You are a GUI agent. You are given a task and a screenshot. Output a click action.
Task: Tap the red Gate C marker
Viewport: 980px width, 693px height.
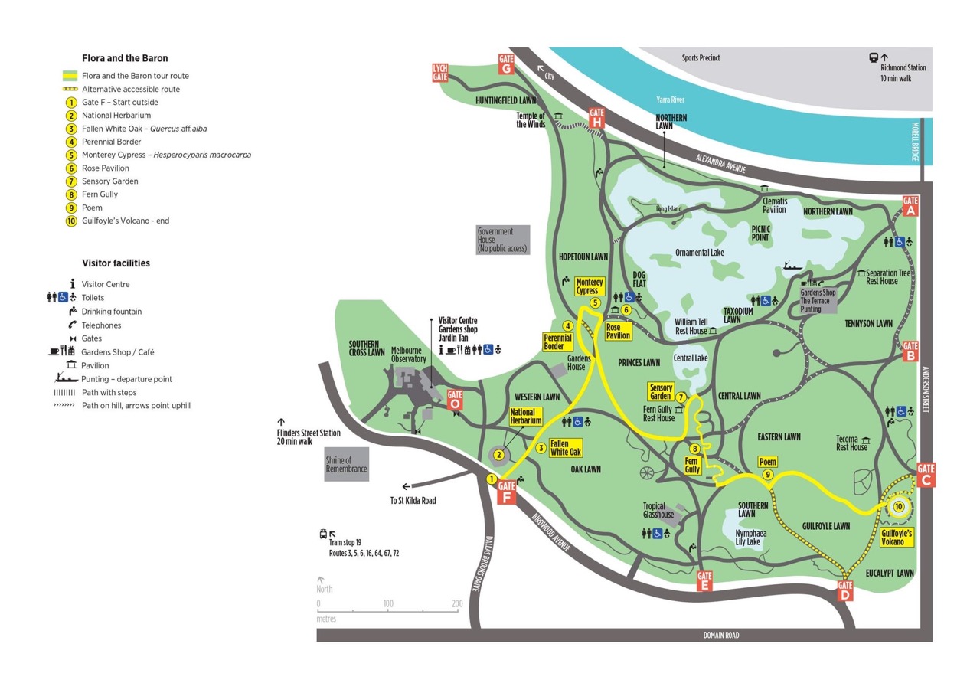tap(926, 475)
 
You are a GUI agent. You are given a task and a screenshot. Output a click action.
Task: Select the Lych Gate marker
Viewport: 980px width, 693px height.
tap(439, 73)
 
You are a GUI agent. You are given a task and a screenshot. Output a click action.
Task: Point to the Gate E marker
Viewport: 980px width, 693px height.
tap(704, 581)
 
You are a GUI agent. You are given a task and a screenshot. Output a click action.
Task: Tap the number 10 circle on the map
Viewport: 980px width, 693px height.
tap(898, 506)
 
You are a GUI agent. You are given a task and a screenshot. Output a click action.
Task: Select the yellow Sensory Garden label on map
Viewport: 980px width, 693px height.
tap(660, 391)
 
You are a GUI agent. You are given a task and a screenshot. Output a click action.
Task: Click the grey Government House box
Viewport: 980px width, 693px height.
tap(502, 240)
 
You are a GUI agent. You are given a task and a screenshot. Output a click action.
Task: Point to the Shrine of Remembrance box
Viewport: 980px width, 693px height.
tap(346, 465)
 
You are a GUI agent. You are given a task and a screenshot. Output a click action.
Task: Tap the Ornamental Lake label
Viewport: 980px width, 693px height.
tap(699, 253)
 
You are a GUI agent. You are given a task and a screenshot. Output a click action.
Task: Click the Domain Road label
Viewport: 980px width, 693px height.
tap(721, 635)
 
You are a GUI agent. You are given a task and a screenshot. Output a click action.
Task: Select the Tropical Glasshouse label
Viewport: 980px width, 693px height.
tap(658, 510)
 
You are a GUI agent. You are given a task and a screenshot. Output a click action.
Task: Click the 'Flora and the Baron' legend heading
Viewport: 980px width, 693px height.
tap(125, 58)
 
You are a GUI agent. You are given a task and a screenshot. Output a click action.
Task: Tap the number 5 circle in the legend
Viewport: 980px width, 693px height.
tap(71, 155)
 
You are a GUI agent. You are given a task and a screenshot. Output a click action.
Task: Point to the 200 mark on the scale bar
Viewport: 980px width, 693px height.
tap(457, 603)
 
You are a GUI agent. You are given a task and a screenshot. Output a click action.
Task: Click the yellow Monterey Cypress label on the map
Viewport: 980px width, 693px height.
tap(590, 286)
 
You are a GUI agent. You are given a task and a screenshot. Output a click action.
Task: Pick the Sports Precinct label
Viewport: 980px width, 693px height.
tap(701, 57)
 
